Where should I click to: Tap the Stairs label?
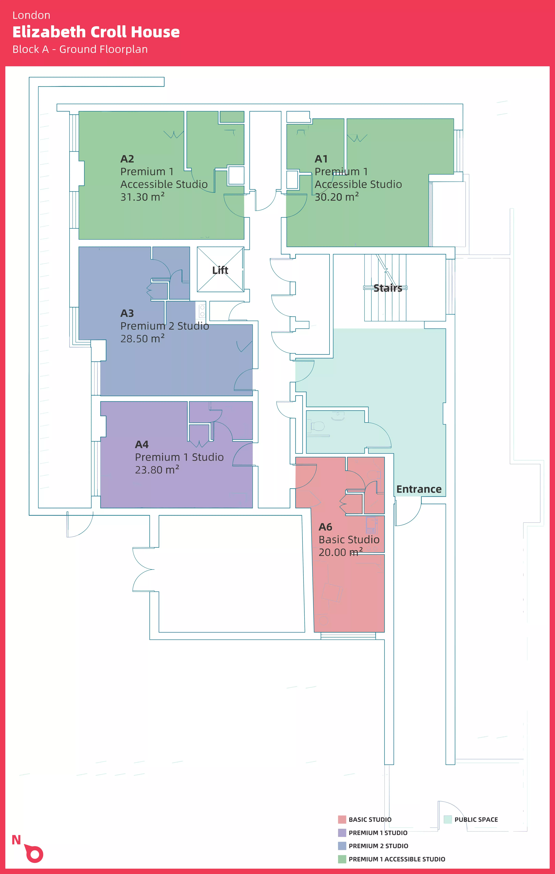tap(388, 288)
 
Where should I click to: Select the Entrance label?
tap(419, 489)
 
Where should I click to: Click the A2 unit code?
tap(127, 159)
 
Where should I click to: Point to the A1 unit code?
tap(321, 159)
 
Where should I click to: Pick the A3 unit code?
tap(127, 313)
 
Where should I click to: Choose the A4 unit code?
tap(142, 445)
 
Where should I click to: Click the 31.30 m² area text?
tap(142, 197)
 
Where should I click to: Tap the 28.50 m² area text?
tap(142, 339)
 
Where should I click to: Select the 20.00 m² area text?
tap(340, 552)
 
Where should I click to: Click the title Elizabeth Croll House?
tap(96, 32)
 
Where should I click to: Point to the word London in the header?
tap(31, 15)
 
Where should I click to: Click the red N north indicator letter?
tap(16, 840)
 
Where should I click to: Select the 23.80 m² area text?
tap(157, 470)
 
